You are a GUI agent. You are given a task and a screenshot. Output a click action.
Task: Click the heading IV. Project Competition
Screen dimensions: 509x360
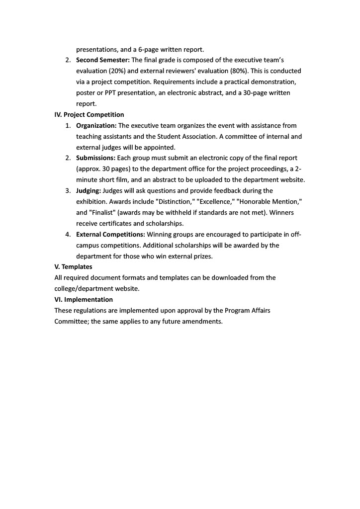[89, 115]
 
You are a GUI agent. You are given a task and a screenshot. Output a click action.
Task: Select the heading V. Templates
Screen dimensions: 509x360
[73, 267]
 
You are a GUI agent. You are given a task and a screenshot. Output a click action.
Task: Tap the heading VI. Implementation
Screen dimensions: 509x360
[84, 300]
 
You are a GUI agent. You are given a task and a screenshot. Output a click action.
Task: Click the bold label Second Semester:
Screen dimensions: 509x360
[102, 60]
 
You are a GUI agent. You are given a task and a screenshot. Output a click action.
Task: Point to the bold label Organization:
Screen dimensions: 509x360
[96, 126]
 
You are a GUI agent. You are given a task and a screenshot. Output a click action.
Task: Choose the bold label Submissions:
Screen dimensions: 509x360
[95, 158]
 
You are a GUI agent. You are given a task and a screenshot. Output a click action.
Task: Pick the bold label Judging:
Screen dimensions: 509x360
[89, 191]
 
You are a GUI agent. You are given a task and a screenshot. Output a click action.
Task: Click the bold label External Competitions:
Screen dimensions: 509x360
[110, 234]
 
